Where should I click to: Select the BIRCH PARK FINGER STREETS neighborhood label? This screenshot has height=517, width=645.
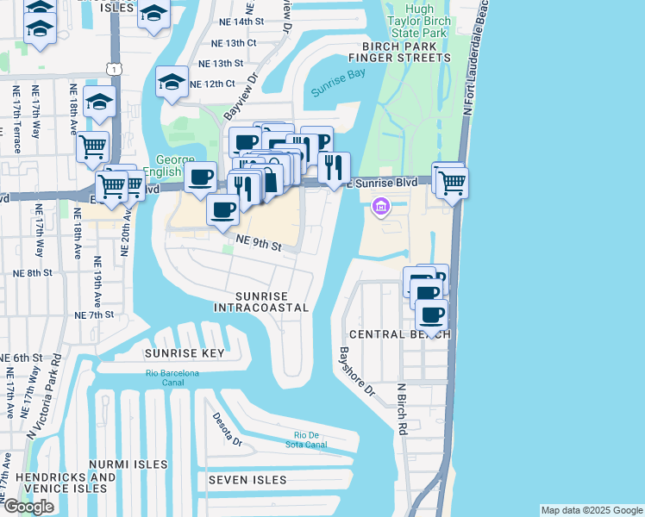click(x=399, y=51)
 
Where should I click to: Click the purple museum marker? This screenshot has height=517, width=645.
click(x=380, y=207)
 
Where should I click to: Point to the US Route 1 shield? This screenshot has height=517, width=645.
click(x=113, y=68)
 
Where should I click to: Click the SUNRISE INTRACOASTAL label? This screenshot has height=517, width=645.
click(x=260, y=301)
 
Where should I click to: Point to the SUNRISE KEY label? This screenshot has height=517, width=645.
click(x=185, y=353)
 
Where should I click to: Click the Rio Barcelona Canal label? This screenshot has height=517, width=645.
click(x=172, y=377)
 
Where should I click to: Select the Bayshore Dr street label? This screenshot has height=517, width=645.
click(x=357, y=371)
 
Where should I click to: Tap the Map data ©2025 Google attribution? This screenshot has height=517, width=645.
click(x=591, y=510)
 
